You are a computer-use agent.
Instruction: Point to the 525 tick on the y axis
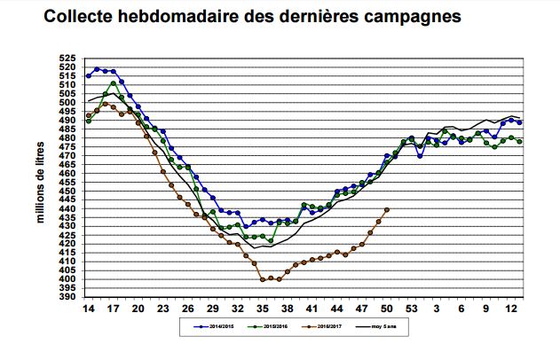[68, 59]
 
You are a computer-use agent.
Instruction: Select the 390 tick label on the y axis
[68, 297]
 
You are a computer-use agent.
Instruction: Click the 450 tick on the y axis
[68, 192]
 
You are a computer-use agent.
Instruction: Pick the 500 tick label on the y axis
[68, 104]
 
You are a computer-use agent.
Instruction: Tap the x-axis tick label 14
[88, 309]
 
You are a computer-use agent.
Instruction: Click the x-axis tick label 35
[263, 309]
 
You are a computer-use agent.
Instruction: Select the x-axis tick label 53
[412, 309]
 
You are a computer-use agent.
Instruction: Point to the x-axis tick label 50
[387, 309]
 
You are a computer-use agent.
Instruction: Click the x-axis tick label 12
[512, 309]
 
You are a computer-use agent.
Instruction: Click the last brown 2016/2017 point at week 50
[387, 210]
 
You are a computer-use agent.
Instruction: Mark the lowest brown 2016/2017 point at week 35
[263, 279]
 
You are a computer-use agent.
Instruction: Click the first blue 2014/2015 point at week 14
[88, 76]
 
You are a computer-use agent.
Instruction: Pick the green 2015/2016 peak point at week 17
[113, 84]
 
